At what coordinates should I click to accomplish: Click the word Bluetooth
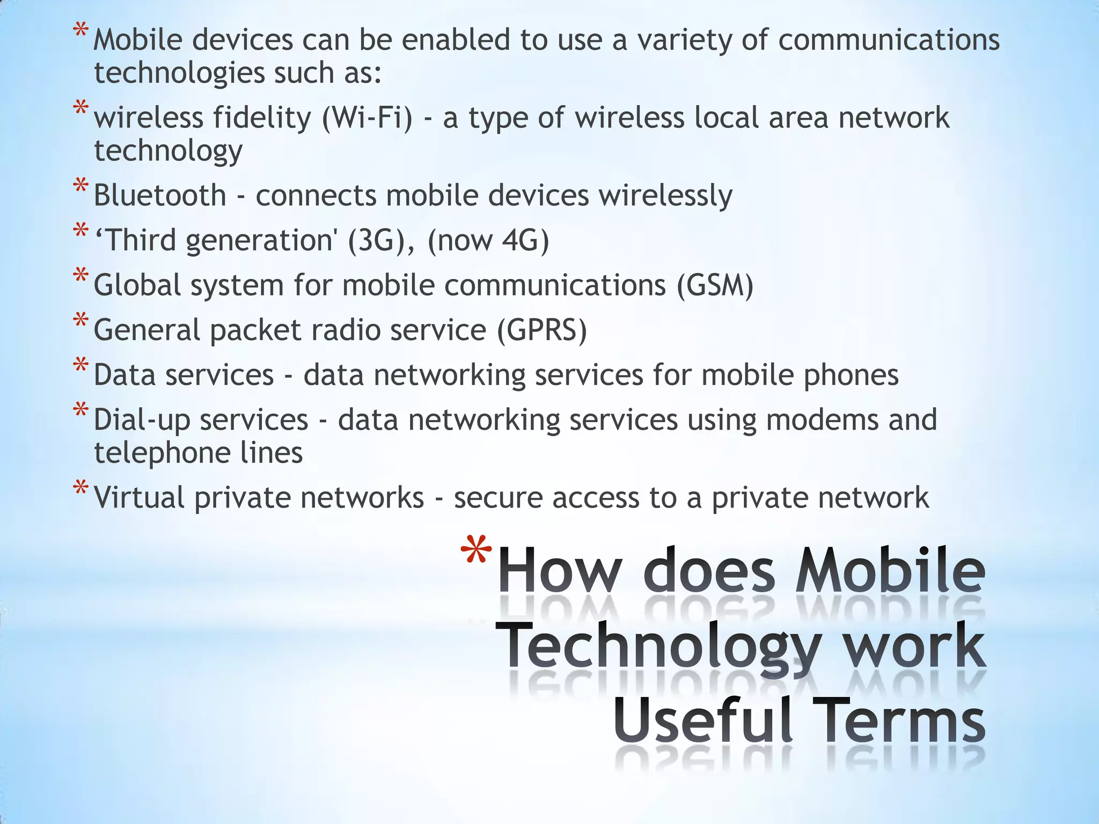[160, 195]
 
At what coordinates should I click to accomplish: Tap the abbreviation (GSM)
[715, 285]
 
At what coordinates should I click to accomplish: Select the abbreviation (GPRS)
[541, 330]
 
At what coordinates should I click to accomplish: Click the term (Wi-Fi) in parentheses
[368, 118]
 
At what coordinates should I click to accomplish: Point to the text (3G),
[381, 240]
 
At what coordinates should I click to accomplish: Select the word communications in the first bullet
[889, 40]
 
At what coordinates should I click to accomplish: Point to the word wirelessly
[665, 195]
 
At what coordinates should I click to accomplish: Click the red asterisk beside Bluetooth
[80, 188]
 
